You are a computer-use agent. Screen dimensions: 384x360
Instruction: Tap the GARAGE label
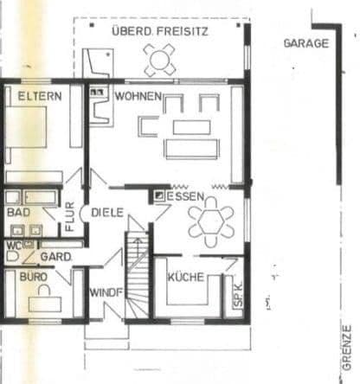click(306, 42)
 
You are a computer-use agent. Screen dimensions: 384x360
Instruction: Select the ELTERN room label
click(40, 96)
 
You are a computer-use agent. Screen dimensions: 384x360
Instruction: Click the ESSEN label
click(185, 196)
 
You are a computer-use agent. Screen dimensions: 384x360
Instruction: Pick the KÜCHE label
click(186, 277)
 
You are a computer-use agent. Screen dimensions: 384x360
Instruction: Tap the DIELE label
click(107, 212)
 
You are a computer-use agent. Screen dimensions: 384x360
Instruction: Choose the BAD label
click(18, 212)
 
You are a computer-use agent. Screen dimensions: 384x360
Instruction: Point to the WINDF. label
click(106, 292)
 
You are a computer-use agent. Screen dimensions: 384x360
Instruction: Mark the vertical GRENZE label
click(347, 343)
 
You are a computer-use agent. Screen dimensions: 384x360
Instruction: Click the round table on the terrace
click(160, 59)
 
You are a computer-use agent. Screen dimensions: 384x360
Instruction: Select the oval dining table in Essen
click(210, 221)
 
